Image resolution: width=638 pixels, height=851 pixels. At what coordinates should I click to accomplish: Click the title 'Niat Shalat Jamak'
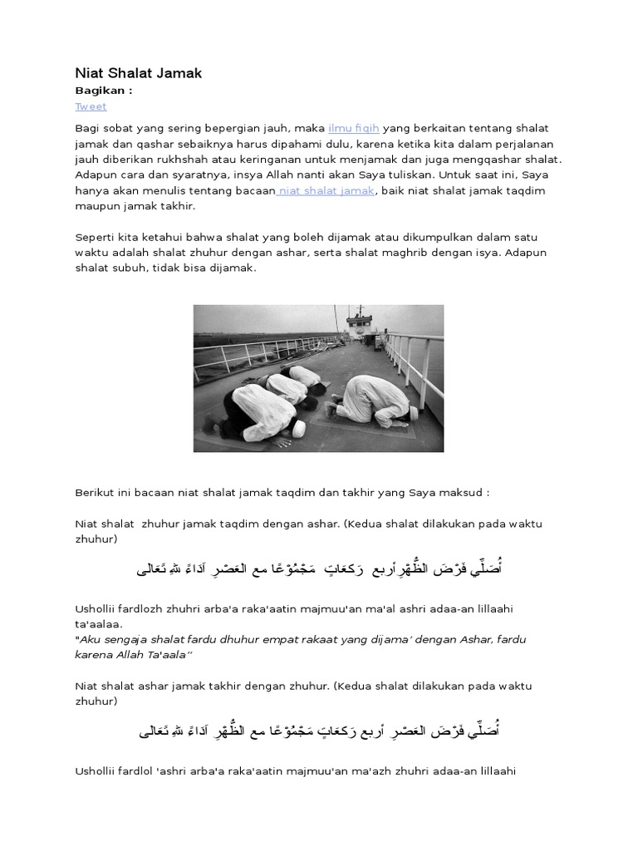(x=138, y=73)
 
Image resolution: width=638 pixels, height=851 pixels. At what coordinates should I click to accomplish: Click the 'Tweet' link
(x=91, y=106)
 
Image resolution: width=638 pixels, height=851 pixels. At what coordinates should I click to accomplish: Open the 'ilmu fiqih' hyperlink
(x=354, y=129)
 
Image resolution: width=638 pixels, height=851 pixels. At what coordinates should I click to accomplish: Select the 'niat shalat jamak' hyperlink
(x=327, y=190)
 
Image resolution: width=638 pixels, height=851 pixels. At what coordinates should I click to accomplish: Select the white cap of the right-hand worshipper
(x=412, y=413)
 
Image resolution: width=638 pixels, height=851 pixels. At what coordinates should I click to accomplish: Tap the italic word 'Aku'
(x=91, y=639)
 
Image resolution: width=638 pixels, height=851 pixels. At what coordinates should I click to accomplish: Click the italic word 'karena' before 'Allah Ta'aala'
(x=95, y=654)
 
